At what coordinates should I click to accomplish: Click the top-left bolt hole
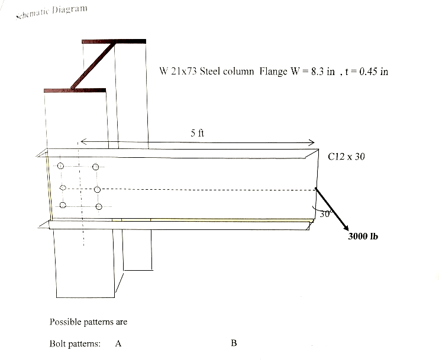pyautogui.click(x=60, y=167)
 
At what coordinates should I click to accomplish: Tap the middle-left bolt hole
pyautogui.click(x=63, y=189)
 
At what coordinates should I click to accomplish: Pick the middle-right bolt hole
pyautogui.click(x=98, y=190)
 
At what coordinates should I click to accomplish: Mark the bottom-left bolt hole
pyautogui.click(x=62, y=206)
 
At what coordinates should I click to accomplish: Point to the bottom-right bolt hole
pyautogui.click(x=99, y=206)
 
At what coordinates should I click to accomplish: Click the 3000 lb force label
pyautogui.click(x=363, y=236)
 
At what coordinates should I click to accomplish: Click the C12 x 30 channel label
pyautogui.click(x=346, y=157)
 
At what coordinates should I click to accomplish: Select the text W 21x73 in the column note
pyautogui.click(x=177, y=72)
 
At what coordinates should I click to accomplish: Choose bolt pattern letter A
pyautogui.click(x=118, y=343)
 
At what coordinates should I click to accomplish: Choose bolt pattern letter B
pyautogui.click(x=234, y=343)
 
